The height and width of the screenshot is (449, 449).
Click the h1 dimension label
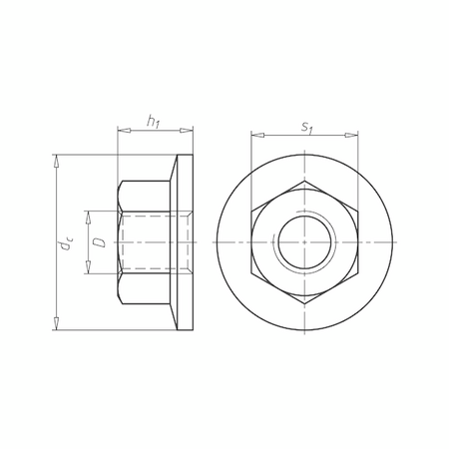154,121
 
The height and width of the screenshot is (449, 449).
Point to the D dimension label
98,241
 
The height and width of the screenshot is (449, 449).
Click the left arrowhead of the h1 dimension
121,131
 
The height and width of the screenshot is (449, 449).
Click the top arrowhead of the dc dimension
58,160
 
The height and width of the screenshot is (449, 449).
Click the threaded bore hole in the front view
303,242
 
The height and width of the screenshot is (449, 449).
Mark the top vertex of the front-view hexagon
303,181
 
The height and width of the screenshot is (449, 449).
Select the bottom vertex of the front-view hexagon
303,304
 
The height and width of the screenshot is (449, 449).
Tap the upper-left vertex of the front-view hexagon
250,212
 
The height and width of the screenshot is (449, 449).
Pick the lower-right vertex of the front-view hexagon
356,273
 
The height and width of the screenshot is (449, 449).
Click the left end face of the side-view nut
118,242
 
